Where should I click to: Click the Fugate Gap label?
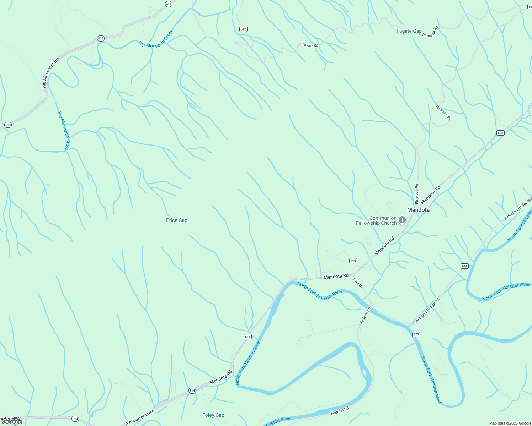tap(409, 31)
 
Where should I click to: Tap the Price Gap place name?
tap(177, 220)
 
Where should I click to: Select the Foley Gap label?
tap(213, 415)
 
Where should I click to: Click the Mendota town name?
tap(418, 210)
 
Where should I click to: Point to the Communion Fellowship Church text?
tap(376, 220)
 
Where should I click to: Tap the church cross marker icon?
tap(402, 220)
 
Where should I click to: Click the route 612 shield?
tap(243, 29)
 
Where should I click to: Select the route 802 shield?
tap(500, 133)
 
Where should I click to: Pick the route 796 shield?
tap(353, 261)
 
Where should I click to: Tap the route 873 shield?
tap(416, 334)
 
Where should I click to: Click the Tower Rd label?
tap(310, 45)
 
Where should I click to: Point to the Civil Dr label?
tap(358, 283)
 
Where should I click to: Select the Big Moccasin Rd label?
tap(50, 73)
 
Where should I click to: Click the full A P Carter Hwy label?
tap(139, 417)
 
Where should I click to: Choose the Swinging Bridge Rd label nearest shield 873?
tap(427, 310)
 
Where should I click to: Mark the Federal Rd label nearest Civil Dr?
tap(365, 315)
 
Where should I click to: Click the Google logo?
tap(12, 422)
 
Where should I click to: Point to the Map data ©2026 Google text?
tap(509, 423)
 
